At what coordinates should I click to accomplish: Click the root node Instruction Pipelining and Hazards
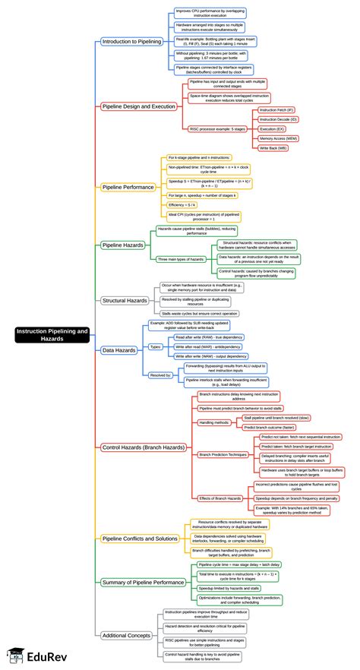click(x=51, y=335)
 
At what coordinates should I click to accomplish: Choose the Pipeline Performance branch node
click(x=128, y=185)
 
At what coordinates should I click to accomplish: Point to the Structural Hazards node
click(x=125, y=300)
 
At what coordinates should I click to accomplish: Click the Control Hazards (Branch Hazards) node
click(x=143, y=447)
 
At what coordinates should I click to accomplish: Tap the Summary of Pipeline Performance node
click(x=143, y=582)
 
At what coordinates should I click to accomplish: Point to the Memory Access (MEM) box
click(x=279, y=138)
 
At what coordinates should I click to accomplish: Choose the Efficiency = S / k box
click(x=183, y=205)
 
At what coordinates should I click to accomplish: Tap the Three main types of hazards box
click(x=181, y=259)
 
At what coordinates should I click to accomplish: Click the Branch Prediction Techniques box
click(x=224, y=454)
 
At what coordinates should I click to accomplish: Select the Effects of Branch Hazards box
click(x=221, y=498)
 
